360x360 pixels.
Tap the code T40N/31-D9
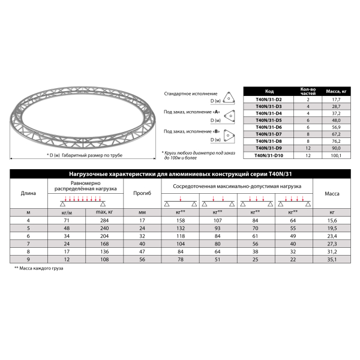point(269,149)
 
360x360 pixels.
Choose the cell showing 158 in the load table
point(178,221)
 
